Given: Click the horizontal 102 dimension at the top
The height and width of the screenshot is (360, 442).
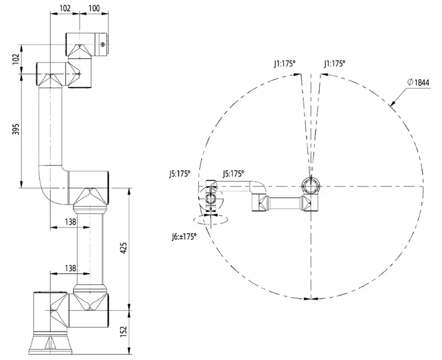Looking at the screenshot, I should point(65,8).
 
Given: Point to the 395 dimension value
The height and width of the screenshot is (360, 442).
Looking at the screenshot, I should point(15,130).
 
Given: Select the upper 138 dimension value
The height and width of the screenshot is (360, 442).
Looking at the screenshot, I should point(70,221).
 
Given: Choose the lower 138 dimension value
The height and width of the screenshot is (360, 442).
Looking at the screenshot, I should point(70,268).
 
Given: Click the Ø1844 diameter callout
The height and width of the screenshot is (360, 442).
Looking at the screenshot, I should point(419,82).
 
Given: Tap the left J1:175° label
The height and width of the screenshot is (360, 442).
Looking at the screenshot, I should point(285,64).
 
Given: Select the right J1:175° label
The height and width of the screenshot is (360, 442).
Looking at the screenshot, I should point(334,64).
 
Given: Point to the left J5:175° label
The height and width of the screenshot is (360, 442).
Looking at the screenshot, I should point(179,173).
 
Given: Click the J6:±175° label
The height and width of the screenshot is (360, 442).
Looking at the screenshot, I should point(183,236).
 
